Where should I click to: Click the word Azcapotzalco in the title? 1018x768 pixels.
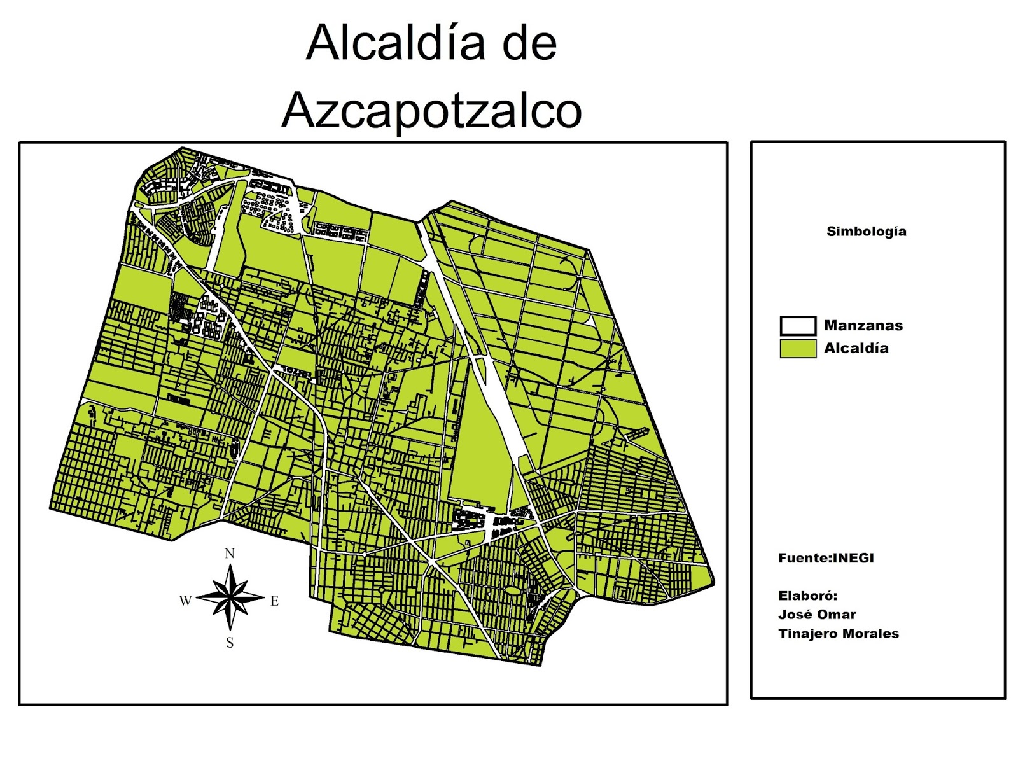[x=431, y=109]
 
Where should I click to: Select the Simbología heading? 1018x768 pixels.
[x=866, y=232]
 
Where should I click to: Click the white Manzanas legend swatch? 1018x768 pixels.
[x=798, y=326]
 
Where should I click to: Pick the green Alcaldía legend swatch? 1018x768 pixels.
[x=798, y=349]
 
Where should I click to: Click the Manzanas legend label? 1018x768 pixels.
[x=863, y=326]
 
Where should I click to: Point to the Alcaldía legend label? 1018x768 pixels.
[x=856, y=348]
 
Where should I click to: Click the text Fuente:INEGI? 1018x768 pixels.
[x=826, y=558]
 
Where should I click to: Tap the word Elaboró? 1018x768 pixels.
[x=807, y=596]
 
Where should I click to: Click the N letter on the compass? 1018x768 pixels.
[x=230, y=554]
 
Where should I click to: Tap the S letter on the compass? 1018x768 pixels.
[x=230, y=643]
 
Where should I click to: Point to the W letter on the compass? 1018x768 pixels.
[x=185, y=601]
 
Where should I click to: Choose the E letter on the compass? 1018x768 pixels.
[x=274, y=601]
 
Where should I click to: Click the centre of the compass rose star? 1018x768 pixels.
[x=230, y=598]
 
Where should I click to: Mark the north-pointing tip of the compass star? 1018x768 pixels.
[x=230, y=564]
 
